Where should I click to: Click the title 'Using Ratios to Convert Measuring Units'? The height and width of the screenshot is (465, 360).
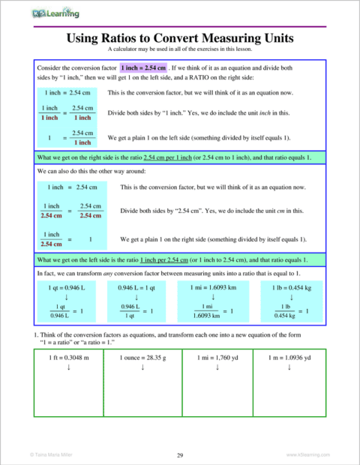(x=180, y=37)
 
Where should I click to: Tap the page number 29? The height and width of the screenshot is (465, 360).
(x=180, y=454)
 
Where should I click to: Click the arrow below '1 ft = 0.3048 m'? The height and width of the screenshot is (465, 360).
(x=69, y=367)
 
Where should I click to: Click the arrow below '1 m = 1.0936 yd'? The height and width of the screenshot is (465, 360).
(x=289, y=367)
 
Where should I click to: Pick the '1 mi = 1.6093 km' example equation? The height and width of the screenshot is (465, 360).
(x=216, y=286)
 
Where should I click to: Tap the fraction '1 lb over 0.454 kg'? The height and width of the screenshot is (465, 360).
(x=283, y=311)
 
